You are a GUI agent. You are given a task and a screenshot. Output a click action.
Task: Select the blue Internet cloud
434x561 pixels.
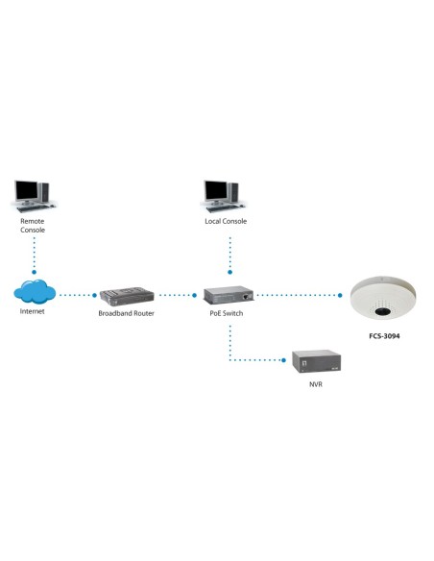coord(34,290)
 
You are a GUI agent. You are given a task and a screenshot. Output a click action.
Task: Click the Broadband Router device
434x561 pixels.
coord(126,294)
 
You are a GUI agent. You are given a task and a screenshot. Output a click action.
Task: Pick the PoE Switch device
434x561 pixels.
coord(229,294)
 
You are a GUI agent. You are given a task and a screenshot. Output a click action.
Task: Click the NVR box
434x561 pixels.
coord(317,362)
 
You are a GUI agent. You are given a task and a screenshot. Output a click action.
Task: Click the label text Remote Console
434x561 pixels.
coord(33,226)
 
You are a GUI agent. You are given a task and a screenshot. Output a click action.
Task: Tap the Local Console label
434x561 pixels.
coord(226,221)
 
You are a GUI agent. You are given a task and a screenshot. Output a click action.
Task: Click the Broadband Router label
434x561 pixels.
coord(126,314)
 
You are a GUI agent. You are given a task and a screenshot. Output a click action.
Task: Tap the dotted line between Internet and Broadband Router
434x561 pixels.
coord(77,295)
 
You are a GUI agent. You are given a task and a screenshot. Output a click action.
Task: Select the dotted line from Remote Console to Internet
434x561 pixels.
coord(34,255)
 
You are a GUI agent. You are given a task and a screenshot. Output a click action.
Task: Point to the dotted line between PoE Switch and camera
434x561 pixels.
coord(298,295)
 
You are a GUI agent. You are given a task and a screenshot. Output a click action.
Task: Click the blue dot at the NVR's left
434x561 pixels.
coord(285,361)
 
